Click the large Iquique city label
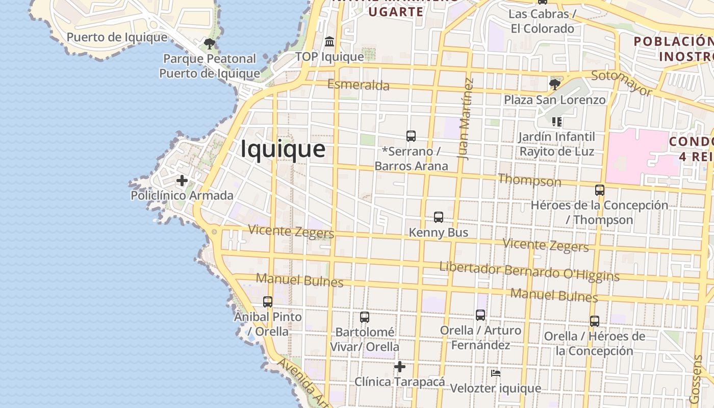point(283,149)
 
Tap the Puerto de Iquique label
point(117,37)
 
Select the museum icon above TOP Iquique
point(329,41)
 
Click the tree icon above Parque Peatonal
point(209,43)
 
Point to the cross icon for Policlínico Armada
point(182,181)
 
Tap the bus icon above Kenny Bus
point(439,217)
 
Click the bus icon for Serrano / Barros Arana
point(411,136)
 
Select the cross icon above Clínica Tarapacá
point(400,366)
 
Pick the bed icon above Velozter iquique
point(496,373)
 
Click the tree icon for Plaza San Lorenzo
point(555,84)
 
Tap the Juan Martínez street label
point(466,118)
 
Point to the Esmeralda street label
point(359,85)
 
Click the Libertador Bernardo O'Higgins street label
point(529,271)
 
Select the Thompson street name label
point(529,180)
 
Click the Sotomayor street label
point(622,83)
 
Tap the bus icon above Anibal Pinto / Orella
point(268,301)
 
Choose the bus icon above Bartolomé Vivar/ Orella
point(365,317)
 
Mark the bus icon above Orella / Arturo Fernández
point(480,315)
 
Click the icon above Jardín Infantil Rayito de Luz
point(557,122)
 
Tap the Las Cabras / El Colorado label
point(543,21)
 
